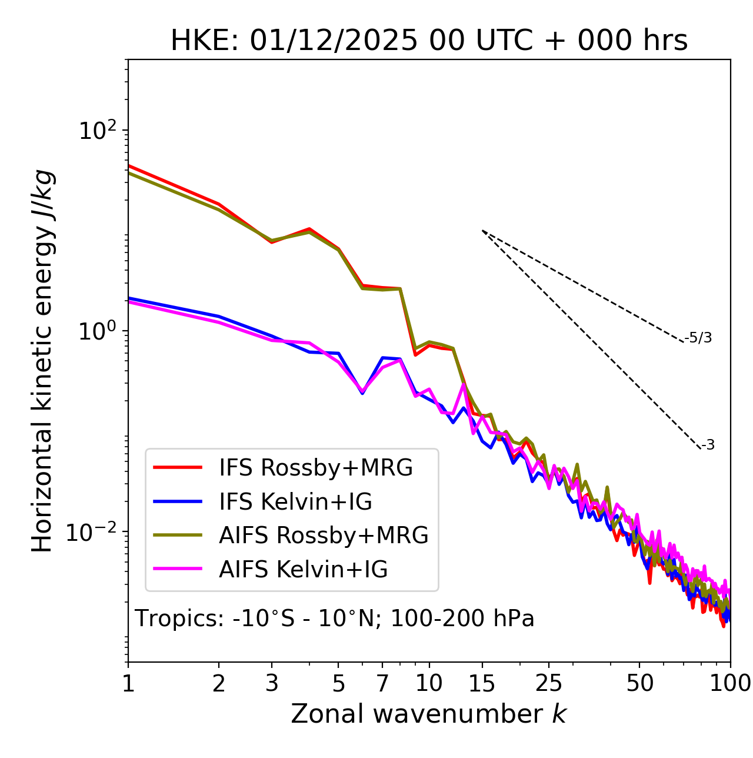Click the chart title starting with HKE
[x=429, y=41]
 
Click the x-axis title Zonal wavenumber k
[x=428, y=713]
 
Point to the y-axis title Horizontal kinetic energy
[x=42, y=361]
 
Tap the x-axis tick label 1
[x=128, y=683]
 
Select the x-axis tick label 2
[x=219, y=683]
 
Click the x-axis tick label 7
[x=382, y=683]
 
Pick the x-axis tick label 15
[x=482, y=683]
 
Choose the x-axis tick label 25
[x=548, y=683]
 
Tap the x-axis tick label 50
[x=639, y=683]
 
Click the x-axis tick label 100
[x=729, y=683]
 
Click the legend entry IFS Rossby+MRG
[x=315, y=468]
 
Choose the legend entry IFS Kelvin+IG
[x=295, y=501]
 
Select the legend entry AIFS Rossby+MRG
[x=323, y=536]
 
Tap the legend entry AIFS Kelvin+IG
[x=303, y=570]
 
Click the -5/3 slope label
[x=698, y=338]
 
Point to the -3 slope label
[x=708, y=446]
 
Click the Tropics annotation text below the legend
[x=334, y=619]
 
